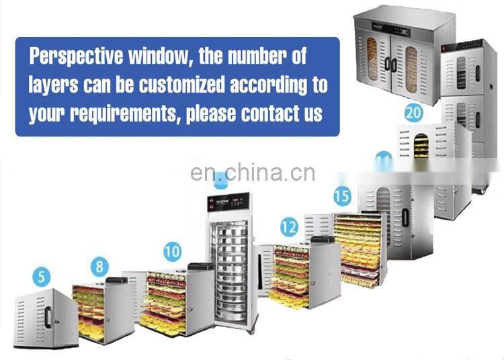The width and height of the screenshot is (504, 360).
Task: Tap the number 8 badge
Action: [x=99, y=266]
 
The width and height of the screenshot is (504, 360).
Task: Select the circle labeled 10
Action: [x=173, y=252]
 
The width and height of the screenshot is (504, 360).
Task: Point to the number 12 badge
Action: [x=289, y=227]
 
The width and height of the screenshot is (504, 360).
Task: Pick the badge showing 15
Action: [x=342, y=197]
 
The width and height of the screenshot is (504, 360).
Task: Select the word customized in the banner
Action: [x=183, y=85]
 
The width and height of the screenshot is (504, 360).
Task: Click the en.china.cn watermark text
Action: [x=252, y=173]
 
